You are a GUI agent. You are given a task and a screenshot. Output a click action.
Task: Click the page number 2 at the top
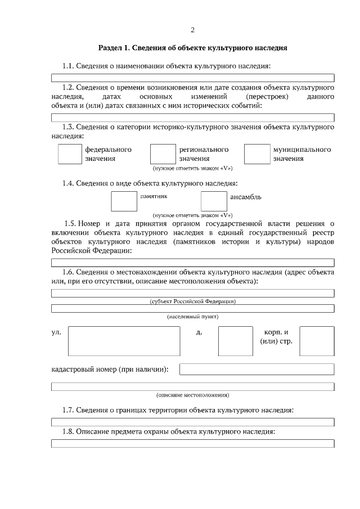tap(192, 30)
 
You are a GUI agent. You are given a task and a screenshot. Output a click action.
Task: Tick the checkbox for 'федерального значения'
tap(70, 154)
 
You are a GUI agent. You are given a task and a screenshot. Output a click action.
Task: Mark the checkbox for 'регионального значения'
tap(163, 154)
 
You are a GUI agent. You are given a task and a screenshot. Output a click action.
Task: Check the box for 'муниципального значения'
tap(256, 154)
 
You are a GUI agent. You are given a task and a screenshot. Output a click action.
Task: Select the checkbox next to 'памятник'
tap(124, 201)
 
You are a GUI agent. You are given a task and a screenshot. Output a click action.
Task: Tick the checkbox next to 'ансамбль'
tap(213, 201)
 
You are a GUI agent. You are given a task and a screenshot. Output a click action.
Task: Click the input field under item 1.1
tap(192, 78)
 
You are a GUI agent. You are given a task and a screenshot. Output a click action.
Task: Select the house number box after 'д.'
tap(235, 341)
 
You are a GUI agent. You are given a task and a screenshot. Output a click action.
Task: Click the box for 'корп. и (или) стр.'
tap(317, 341)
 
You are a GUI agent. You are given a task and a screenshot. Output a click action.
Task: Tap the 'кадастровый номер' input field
tap(256, 369)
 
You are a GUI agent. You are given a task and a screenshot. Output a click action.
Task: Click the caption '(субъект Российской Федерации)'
tap(192, 301)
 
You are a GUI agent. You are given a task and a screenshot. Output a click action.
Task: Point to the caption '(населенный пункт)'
tap(192, 317)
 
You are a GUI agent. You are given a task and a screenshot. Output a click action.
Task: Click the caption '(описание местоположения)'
tap(192, 395)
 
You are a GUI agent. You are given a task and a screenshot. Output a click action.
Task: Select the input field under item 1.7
tap(192, 421)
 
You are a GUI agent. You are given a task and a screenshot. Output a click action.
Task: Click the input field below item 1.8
tap(192, 443)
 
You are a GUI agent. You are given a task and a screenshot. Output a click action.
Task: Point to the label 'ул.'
tap(56, 332)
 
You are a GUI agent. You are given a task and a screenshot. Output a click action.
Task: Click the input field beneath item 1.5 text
tap(192, 262)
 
